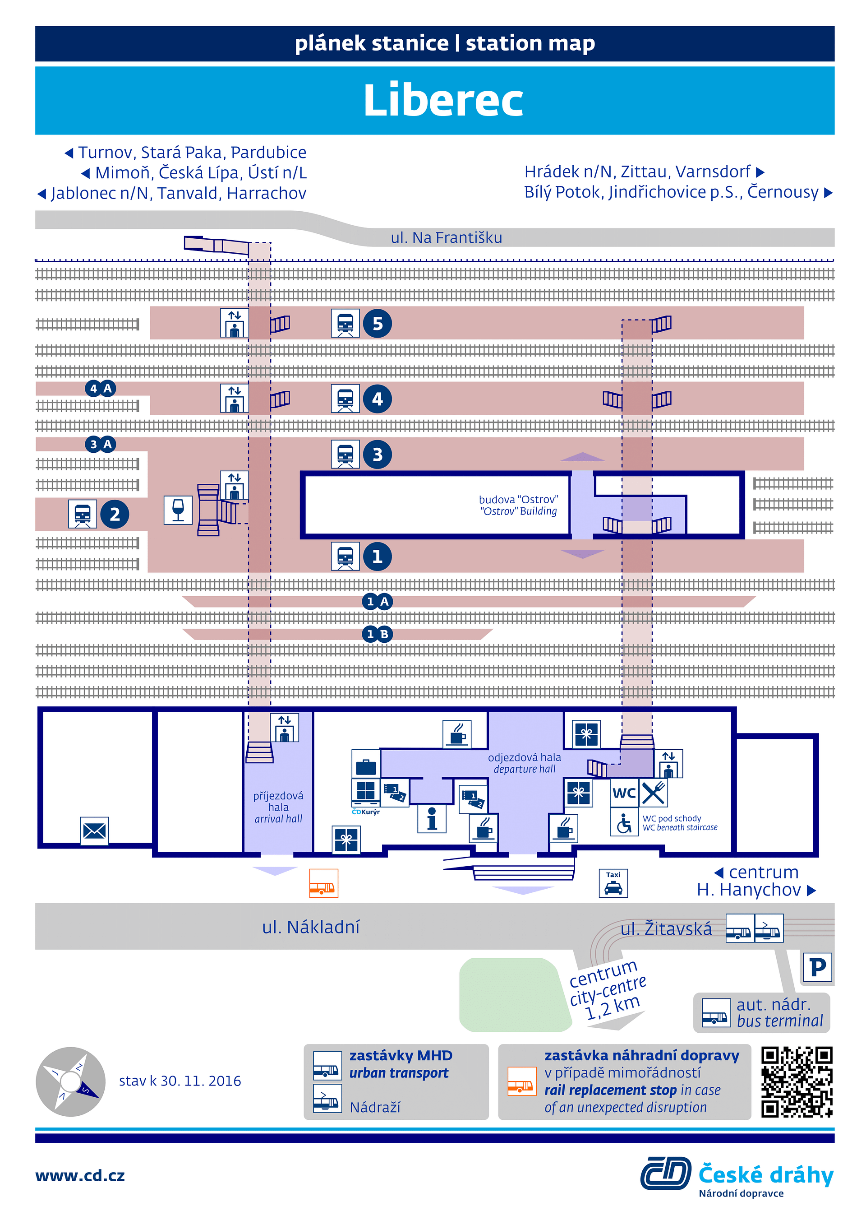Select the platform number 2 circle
[x=115, y=515]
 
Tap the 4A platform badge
[x=101, y=389]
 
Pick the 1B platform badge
[x=377, y=634]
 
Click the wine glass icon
[x=178, y=510]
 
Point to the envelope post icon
[x=94, y=831]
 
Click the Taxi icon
[x=613, y=883]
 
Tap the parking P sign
[x=817, y=967]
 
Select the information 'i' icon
[x=432, y=818]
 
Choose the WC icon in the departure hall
[x=624, y=793]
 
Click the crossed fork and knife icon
[x=653, y=793]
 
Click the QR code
[x=797, y=1082]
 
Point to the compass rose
[x=70, y=1081]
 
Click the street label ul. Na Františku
[x=447, y=237]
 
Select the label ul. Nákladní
[x=311, y=927]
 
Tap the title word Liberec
[x=443, y=100]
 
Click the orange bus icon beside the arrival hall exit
[x=324, y=883]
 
